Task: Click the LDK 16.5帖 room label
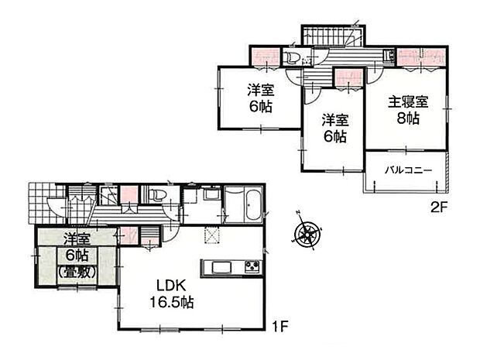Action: tap(171, 294)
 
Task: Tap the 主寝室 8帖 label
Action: tap(408, 110)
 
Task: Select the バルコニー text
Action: tap(408, 170)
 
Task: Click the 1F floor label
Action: tap(280, 327)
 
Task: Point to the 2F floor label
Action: tap(439, 207)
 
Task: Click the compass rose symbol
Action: tap(307, 235)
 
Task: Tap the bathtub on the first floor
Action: tap(253, 204)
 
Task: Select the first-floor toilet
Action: tap(156, 195)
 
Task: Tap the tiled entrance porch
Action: tap(46, 204)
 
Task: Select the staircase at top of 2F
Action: tap(333, 36)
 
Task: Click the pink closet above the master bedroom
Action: tap(421, 57)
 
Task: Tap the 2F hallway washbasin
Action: tap(390, 56)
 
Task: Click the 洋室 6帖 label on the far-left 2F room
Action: tap(260, 98)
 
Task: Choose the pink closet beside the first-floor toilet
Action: tap(129, 194)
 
